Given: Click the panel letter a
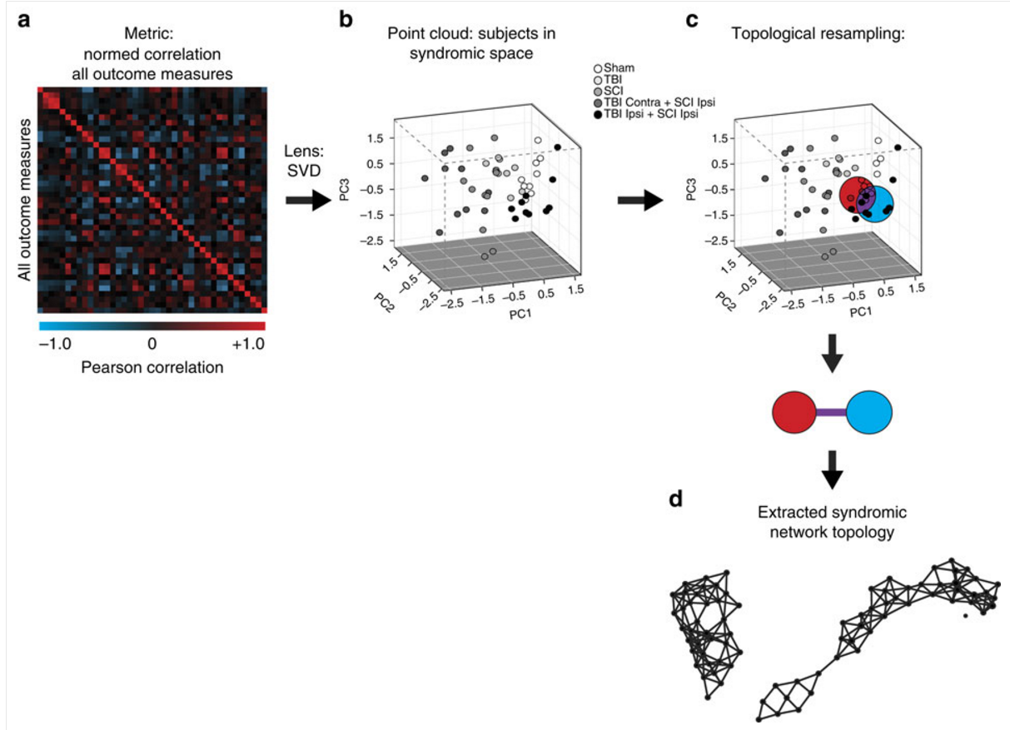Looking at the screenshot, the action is point(24,21).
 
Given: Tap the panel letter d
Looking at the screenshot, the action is point(675,499).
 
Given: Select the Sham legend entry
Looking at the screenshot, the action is point(614,68).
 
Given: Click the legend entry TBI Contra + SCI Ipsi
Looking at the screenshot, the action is point(654,102).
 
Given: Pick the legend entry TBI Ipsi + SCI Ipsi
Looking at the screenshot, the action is point(646,114).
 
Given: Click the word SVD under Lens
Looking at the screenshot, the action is point(304,171).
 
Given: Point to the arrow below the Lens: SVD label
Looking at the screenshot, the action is point(308,200).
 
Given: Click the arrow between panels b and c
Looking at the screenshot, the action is point(640,200).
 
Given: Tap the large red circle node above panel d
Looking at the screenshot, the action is point(794,412).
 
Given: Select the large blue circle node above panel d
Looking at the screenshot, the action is point(869,412).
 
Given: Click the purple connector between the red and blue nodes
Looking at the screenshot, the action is point(831,412).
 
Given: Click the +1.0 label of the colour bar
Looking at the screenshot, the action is point(248,345).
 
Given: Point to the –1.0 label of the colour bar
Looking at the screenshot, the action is point(55,345).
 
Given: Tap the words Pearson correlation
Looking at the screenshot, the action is point(152,367).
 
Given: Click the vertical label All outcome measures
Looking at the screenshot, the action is point(24,200).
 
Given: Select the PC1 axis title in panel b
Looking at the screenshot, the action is point(520,313).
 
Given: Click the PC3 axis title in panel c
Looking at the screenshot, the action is point(690,189).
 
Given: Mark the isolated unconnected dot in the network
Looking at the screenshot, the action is point(965,615).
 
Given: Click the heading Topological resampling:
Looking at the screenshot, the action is point(818,34).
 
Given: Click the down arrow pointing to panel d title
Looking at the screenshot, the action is point(832,469).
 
